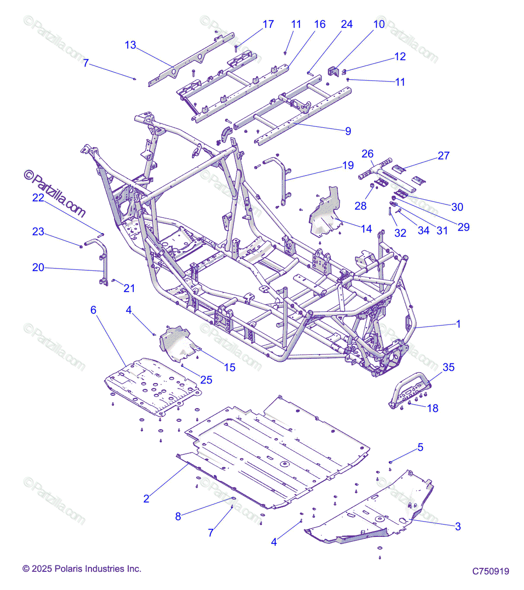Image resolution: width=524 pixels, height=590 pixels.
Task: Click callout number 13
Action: pos(130,45)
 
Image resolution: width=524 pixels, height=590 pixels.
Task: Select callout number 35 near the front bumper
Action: pos(448,367)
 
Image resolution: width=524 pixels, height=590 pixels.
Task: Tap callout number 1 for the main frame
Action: pos(459,324)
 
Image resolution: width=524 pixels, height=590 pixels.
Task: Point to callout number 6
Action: pos(93,310)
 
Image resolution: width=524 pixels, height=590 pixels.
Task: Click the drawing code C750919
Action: pos(491,571)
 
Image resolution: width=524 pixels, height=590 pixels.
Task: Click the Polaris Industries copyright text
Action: pos(82,569)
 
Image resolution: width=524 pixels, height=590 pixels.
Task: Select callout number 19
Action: pos(348,165)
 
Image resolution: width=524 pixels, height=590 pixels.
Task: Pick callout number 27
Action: pos(443,156)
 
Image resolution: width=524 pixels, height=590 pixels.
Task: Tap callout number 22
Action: pos(38,198)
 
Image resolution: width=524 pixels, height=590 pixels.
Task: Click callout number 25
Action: pos(206,380)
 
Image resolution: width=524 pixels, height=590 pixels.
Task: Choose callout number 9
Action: pos(348,131)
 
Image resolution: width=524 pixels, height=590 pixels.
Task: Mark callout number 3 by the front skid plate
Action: pos(458,527)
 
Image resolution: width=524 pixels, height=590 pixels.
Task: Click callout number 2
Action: pos(146,499)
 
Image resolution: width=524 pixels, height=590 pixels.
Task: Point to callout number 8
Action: pos(178,516)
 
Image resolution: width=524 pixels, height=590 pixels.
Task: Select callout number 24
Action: pos(347,24)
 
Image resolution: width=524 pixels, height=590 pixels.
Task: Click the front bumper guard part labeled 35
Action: pos(410,391)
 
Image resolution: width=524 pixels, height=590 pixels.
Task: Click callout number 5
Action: pos(420,447)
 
